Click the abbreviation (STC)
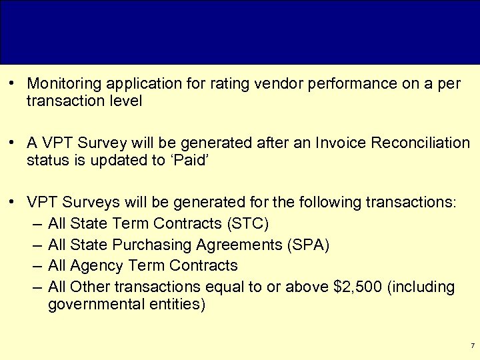coord(249,223)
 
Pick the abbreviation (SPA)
coord(307,244)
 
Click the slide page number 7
coord(472,346)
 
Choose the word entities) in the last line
coord(181,305)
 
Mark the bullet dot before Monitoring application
coord(12,84)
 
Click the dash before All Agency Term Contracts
coord(36,265)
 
